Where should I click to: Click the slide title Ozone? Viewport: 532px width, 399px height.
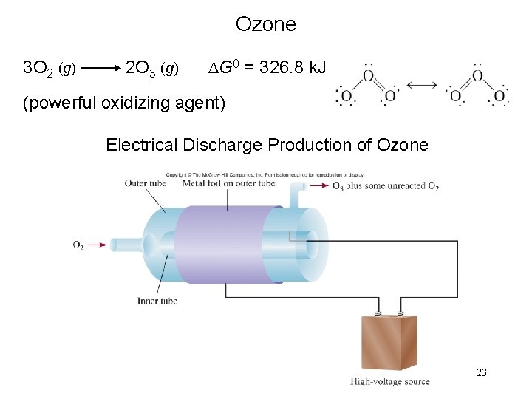tap(265, 24)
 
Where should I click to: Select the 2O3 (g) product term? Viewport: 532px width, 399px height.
tap(151, 69)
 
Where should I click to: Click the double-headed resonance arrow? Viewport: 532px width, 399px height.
tap(423, 86)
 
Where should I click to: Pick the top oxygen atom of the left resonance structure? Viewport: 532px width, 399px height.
tap(367, 75)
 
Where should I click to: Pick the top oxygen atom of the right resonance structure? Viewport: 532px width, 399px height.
tap(477, 75)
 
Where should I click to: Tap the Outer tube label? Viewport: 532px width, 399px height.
tap(146, 183)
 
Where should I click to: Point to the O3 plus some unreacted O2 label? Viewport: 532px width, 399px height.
tap(386, 186)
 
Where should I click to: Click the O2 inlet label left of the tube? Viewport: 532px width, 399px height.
tap(79, 245)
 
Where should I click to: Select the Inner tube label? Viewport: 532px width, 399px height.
tap(157, 301)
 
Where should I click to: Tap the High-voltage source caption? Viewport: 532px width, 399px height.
tap(389, 381)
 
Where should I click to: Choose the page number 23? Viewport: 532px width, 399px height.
tap(482, 372)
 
